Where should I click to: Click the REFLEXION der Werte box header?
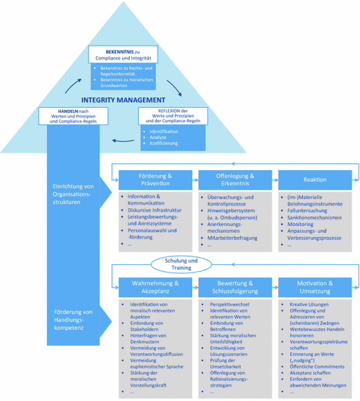coord(172,116)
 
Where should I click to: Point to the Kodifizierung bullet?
coord(164,144)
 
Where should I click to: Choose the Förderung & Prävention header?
coord(155,180)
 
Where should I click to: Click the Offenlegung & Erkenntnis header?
coord(235,180)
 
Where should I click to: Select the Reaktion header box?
coord(315,180)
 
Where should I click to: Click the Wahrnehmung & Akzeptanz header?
coord(155,287)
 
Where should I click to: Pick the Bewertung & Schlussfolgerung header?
coord(235,287)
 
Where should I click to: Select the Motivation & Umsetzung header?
coord(315,287)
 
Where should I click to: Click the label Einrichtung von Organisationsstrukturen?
coord(73,190)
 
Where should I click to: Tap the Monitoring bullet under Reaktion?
coord(301,224)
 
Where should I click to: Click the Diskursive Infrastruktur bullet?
coord(158,209)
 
